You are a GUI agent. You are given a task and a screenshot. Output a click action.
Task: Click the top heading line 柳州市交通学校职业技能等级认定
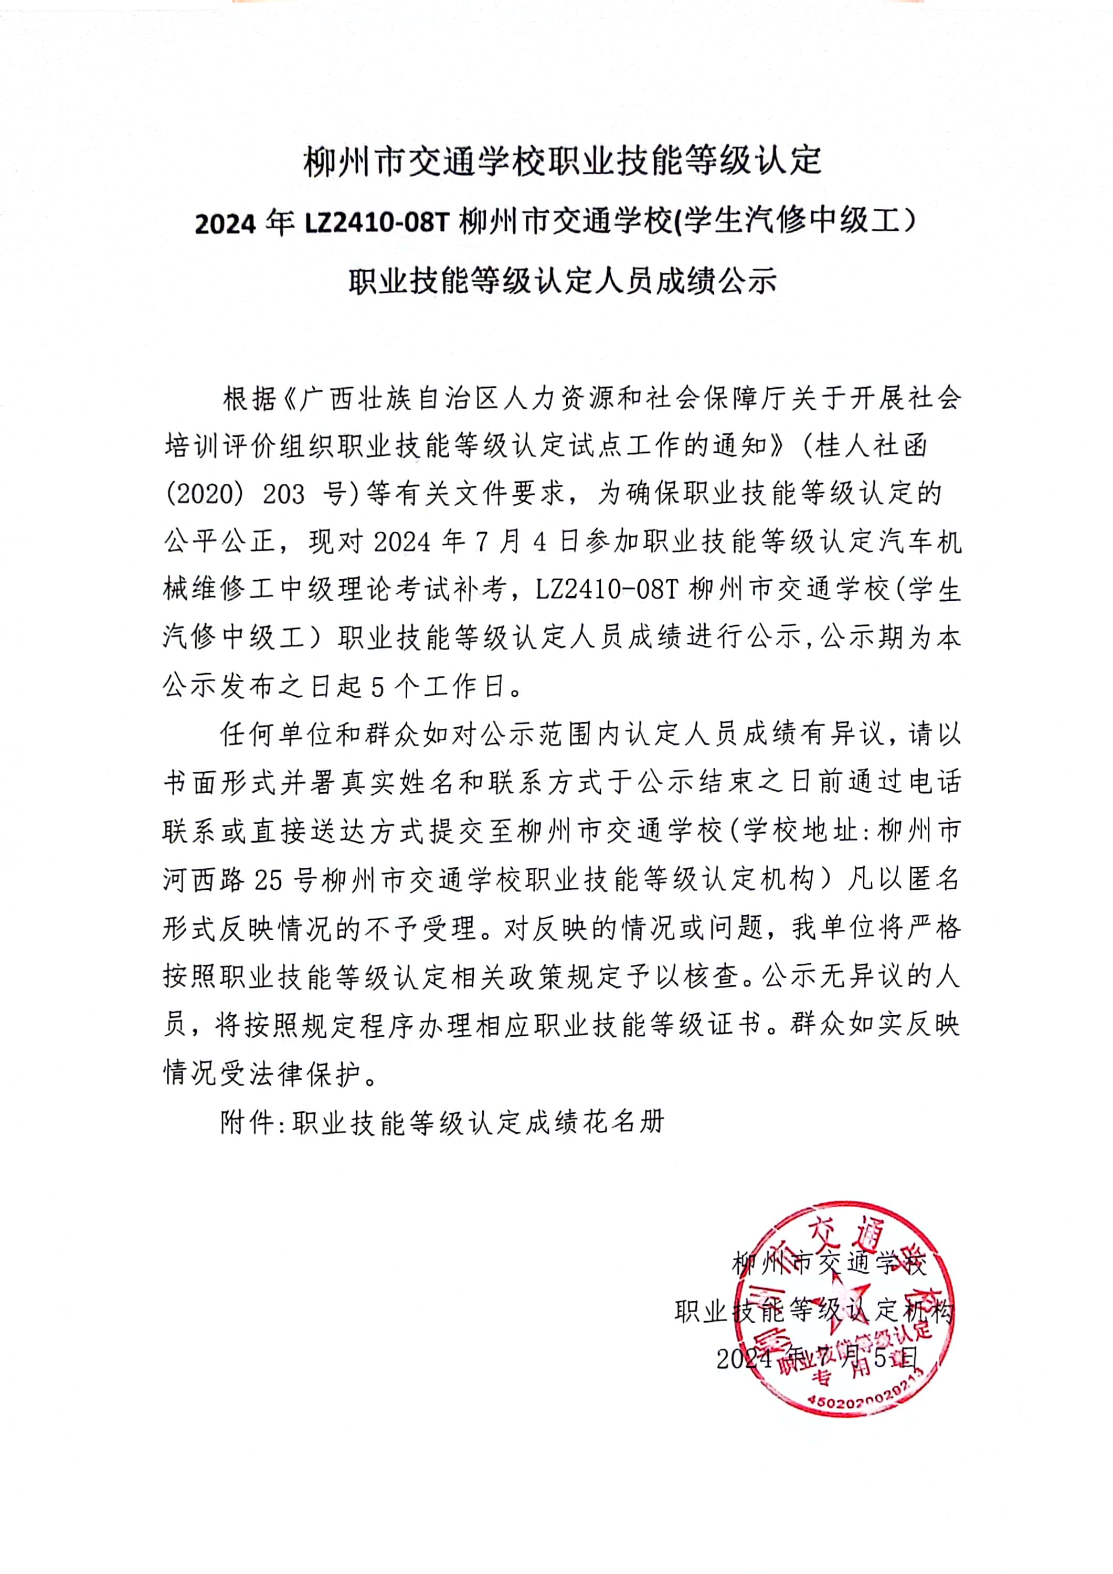point(563,162)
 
